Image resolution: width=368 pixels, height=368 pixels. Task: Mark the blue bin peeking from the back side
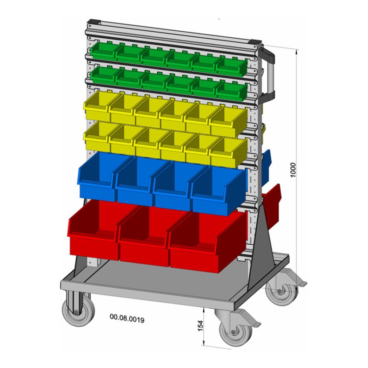pos(266,161)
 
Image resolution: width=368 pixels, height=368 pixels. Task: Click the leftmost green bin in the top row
pos(103,51)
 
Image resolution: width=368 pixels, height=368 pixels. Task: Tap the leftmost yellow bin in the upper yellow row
pos(97,107)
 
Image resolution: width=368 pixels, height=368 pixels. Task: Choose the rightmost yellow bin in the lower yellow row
pos(227,152)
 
